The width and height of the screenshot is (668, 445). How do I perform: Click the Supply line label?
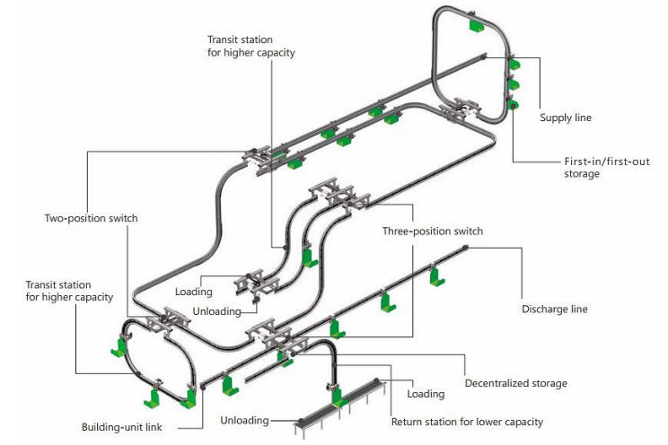566,118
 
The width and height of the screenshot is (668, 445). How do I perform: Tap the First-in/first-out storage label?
607,168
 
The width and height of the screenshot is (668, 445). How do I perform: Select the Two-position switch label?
92,218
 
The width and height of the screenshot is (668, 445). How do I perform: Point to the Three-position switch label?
433,231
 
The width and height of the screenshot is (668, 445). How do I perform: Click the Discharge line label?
554,310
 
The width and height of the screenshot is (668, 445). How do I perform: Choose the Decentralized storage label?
516,383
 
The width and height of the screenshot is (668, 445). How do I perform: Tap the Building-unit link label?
122,427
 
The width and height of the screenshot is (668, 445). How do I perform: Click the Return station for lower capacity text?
467,422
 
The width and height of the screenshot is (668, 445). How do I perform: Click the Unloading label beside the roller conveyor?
244,421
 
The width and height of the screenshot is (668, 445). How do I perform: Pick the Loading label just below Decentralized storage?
426,395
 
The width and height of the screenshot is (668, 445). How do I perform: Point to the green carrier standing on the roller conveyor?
338,395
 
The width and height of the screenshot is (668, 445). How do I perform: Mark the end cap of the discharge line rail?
466,247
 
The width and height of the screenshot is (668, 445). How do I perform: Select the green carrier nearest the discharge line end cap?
435,275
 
